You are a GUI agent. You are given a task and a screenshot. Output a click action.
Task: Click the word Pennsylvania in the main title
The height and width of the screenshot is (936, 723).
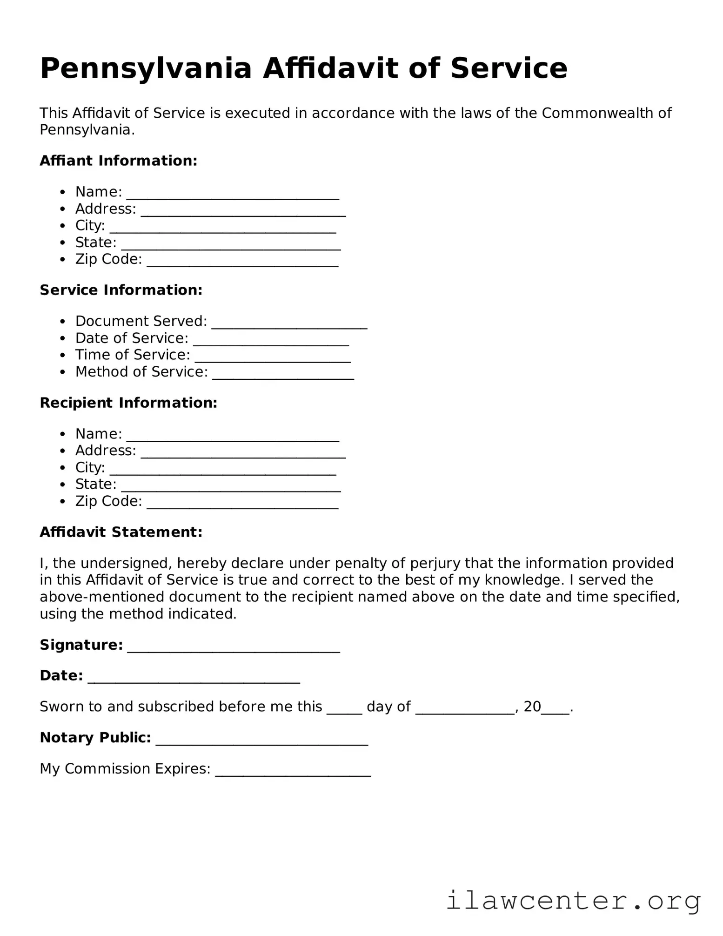tap(146, 68)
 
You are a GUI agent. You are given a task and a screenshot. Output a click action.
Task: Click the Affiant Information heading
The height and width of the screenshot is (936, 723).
tap(119, 161)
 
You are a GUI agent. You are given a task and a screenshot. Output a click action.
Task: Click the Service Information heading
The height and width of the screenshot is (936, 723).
tap(121, 290)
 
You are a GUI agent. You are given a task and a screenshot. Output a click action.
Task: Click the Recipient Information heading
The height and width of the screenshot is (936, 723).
tap(128, 403)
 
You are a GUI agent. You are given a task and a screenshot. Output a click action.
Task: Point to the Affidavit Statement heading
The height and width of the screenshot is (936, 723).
tap(121, 532)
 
